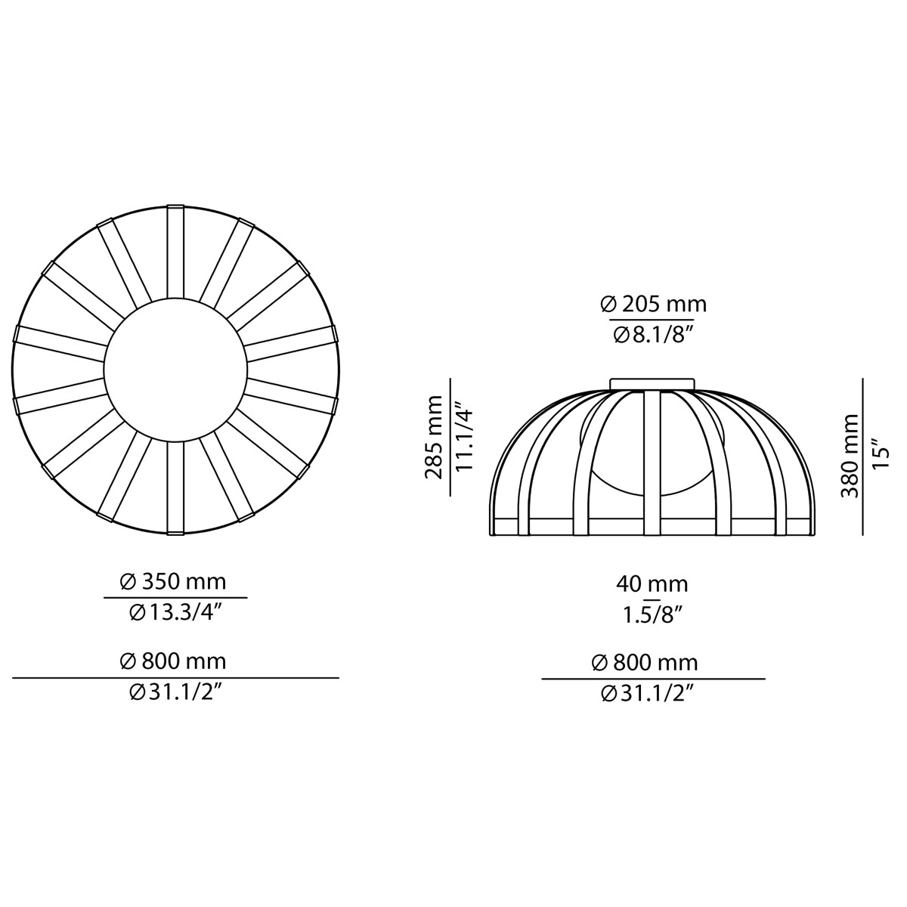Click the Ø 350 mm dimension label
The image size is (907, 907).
coord(173,581)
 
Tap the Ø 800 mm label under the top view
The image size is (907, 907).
coord(173,661)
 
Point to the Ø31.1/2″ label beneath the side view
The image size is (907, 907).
coord(647,693)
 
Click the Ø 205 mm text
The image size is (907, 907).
coord(653,304)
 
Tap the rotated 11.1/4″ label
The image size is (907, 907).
coord(463,438)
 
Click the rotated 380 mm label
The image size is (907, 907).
coord(850,455)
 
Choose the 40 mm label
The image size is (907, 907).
coord(652,584)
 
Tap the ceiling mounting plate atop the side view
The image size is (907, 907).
coord(652,383)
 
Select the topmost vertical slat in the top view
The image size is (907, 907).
coord(175,251)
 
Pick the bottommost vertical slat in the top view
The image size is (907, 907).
coord(175,488)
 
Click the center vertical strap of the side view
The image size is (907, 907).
coord(652,461)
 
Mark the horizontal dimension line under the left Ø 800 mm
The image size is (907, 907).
coord(175,678)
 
